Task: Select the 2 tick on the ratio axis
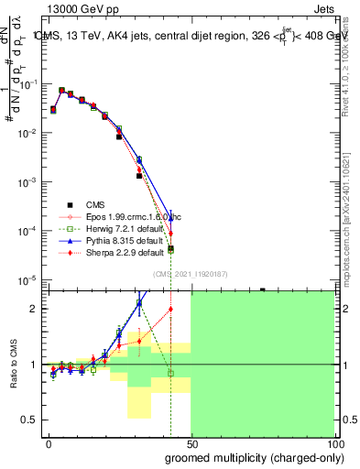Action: pyautogui.click(x=36, y=309)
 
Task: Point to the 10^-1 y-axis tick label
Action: pyautogui.click(x=28, y=84)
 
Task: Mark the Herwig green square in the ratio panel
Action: pyautogui.click(x=171, y=374)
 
